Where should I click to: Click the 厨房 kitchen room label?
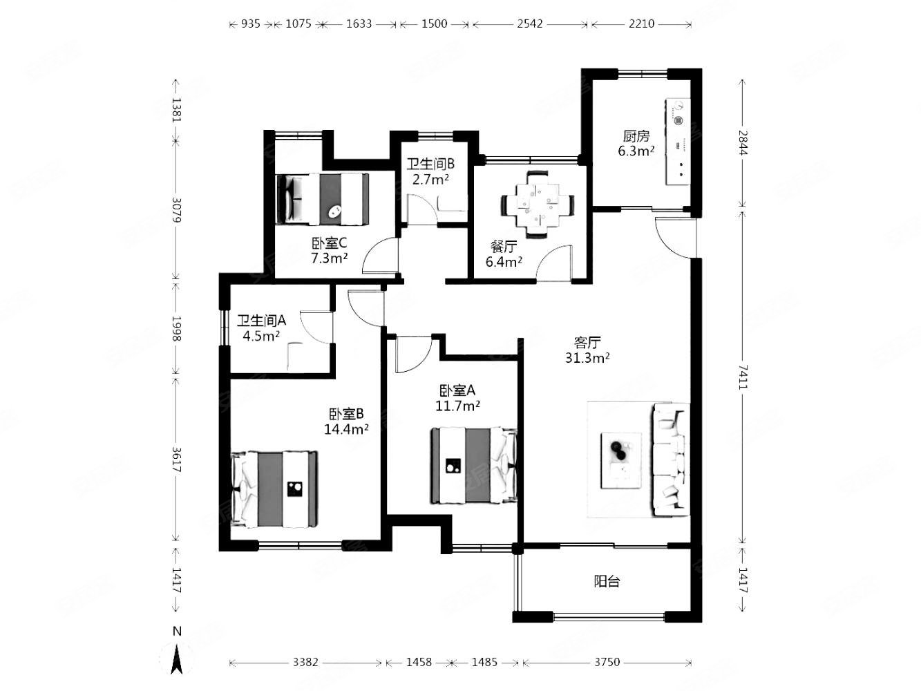click(636, 136)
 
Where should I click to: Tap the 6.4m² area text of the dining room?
click(504, 262)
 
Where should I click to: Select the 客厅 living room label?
click(587, 342)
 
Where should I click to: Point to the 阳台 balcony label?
click(607, 582)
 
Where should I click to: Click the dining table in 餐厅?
click(538, 205)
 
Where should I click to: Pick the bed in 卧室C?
click(322, 199)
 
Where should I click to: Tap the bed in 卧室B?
click(274, 489)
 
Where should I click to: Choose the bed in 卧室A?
click(473, 465)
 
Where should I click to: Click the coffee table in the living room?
click(621, 461)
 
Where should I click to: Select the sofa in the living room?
click(670, 460)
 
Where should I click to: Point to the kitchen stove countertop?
click(678, 142)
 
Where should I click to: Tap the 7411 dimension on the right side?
click(743, 377)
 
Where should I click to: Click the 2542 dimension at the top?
click(529, 23)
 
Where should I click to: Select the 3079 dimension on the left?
click(177, 210)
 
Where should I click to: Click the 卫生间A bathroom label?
click(261, 321)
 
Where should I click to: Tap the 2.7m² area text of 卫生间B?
click(430, 180)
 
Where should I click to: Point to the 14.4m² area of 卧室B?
click(346, 429)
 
